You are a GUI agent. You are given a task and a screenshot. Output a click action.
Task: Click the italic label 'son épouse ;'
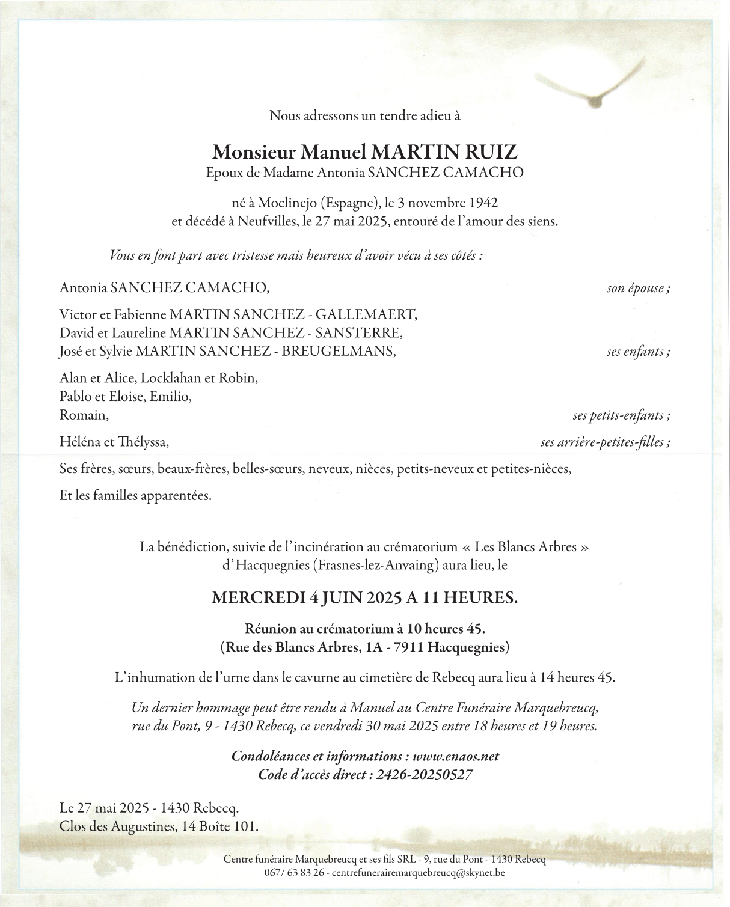click(x=638, y=288)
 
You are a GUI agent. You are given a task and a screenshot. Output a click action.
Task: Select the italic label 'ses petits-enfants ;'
click(x=621, y=415)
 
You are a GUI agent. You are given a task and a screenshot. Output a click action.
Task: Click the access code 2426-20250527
click(x=425, y=775)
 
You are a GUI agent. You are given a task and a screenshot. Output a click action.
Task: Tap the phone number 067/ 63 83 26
click(x=294, y=872)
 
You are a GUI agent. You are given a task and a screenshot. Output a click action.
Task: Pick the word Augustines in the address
click(x=141, y=826)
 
